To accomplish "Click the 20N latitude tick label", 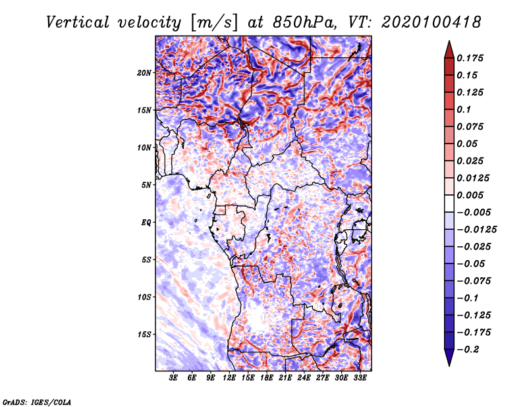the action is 144,72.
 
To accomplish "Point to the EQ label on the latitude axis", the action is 146,222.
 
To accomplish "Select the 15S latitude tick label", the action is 144,335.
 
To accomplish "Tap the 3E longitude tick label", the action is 173,377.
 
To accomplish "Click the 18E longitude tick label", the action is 266,377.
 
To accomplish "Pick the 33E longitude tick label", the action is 360,377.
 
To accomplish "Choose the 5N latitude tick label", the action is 146,185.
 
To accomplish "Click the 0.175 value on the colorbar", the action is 470,58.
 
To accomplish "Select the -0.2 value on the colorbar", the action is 468,350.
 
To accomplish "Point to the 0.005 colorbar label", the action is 470,195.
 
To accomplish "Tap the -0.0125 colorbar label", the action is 476,230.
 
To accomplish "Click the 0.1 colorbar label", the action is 464,109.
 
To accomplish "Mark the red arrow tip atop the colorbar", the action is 449,41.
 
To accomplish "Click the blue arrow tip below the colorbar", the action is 449,366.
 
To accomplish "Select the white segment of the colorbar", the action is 449,203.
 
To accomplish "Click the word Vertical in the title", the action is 78,22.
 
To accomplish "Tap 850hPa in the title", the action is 304,22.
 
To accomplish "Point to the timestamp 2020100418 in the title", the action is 431,22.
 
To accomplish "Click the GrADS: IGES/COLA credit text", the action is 37,402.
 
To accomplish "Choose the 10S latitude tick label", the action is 144,297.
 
